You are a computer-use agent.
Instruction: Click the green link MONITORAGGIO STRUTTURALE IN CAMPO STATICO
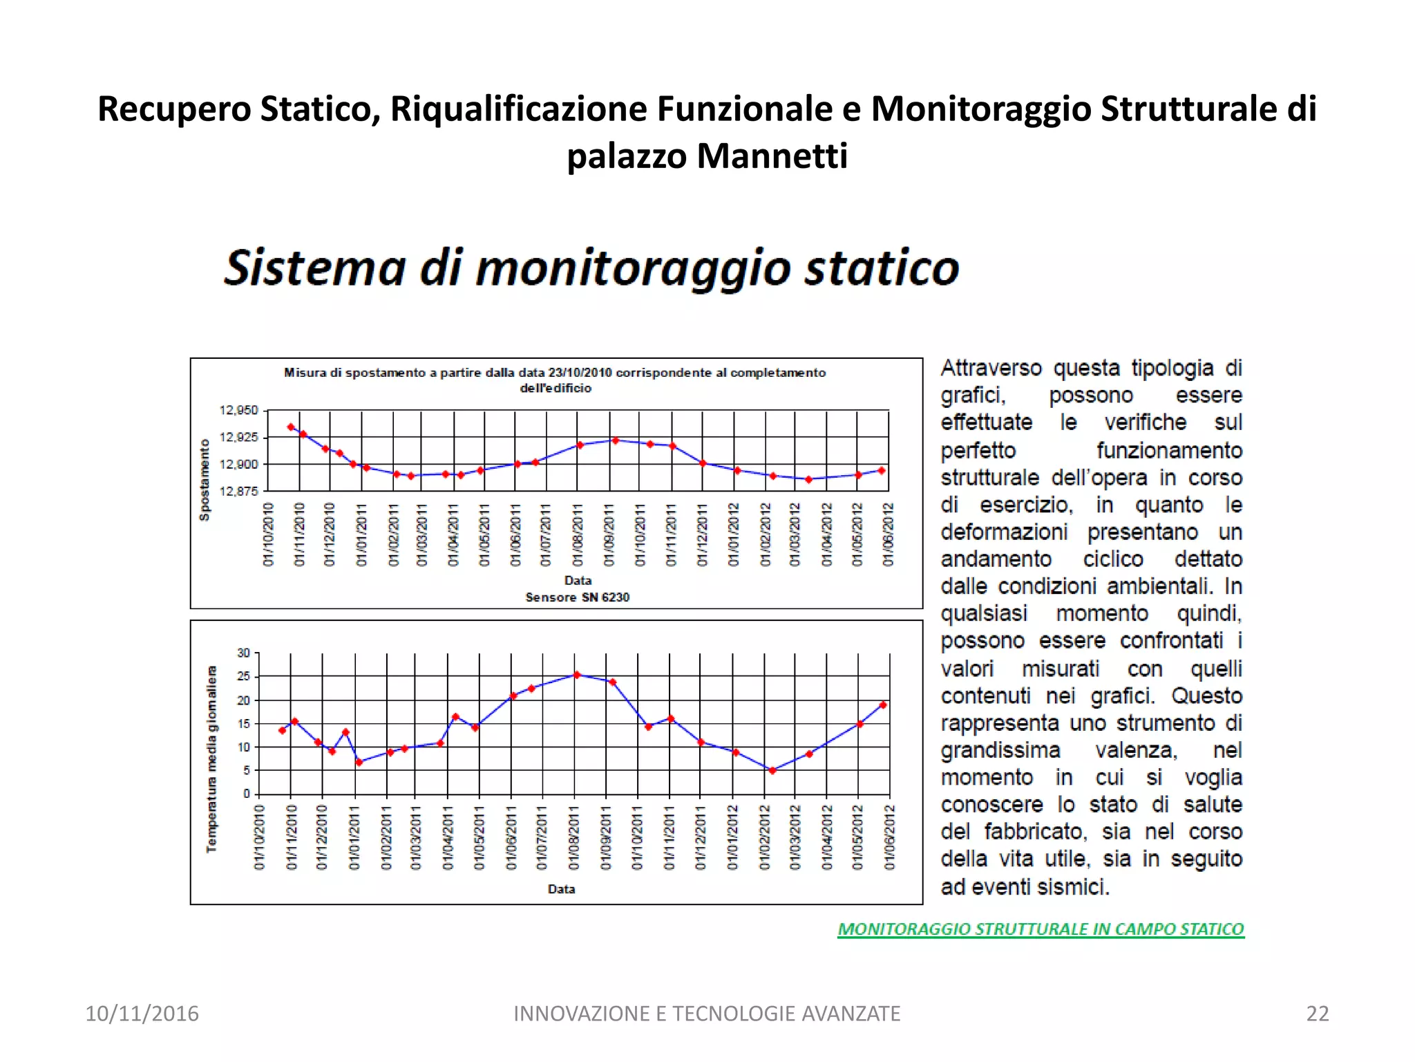click(x=1041, y=929)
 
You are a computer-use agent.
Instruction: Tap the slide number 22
click(x=1317, y=1014)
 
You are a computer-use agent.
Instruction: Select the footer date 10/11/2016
click(x=142, y=1014)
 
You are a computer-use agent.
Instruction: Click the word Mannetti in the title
click(x=772, y=156)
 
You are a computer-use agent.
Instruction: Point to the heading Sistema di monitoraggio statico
click(x=591, y=268)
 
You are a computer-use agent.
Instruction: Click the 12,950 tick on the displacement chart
click(x=238, y=410)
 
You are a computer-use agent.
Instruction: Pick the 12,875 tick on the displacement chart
click(x=238, y=491)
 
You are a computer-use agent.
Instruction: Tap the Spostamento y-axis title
click(x=205, y=479)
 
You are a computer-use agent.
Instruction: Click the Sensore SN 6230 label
click(x=577, y=597)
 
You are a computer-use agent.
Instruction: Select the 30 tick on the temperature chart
click(x=243, y=653)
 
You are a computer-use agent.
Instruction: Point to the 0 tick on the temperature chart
click(x=246, y=794)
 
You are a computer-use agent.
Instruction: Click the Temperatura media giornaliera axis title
click(x=211, y=758)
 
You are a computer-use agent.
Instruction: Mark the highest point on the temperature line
click(x=577, y=675)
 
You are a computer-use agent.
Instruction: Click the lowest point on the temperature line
click(x=772, y=770)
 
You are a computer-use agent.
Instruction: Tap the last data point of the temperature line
click(x=883, y=705)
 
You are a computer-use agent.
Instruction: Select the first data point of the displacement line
click(x=291, y=427)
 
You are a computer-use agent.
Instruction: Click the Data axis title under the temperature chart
click(x=561, y=889)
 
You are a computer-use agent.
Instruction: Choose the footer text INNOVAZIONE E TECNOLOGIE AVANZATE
click(x=707, y=1014)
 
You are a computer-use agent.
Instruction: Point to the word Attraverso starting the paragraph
click(x=991, y=368)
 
